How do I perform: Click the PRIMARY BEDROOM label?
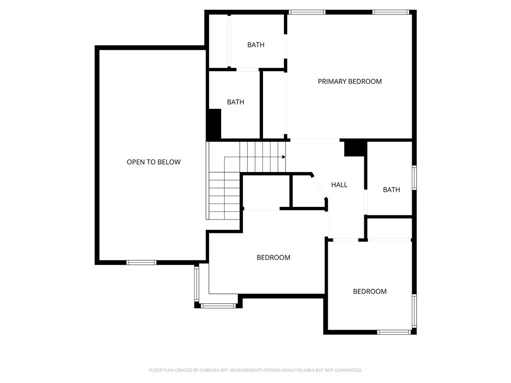pyautogui.click(x=350, y=81)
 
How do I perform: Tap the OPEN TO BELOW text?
pyautogui.click(x=154, y=162)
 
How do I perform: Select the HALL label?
pyautogui.click(x=339, y=185)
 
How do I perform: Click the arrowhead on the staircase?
pyautogui.click(x=284, y=157)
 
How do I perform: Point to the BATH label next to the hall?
pyautogui.click(x=391, y=190)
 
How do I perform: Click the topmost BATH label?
pyautogui.click(x=256, y=45)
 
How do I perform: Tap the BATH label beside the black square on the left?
pyautogui.click(x=236, y=102)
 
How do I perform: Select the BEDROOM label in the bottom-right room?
pyautogui.click(x=370, y=291)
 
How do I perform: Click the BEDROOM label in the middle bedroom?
pyautogui.click(x=273, y=258)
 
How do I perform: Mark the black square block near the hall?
pyautogui.click(x=354, y=149)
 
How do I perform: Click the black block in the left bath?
pyautogui.click(x=215, y=124)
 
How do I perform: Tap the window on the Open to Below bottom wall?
pyautogui.click(x=141, y=262)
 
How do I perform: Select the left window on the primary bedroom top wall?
pyautogui.click(x=307, y=12)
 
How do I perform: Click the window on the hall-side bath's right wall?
pyautogui.click(x=414, y=178)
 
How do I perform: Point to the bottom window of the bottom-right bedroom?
pyautogui.click(x=394, y=332)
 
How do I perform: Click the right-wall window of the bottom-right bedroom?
pyautogui.click(x=414, y=311)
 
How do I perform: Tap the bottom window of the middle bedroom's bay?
pyautogui.click(x=218, y=306)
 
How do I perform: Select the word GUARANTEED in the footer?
pyautogui.click(x=350, y=371)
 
